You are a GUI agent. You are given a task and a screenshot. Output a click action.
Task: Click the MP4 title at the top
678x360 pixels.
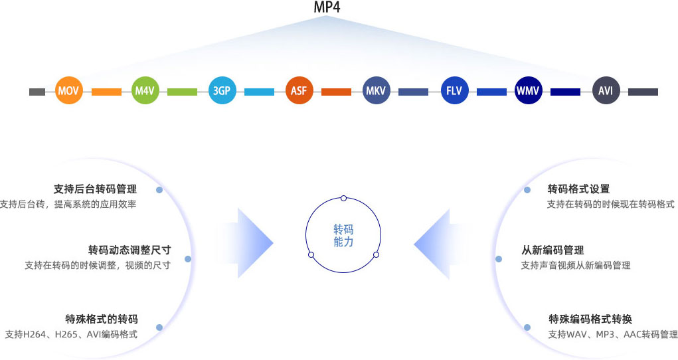click(x=327, y=8)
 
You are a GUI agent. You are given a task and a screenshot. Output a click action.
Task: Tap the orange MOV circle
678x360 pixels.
click(x=68, y=91)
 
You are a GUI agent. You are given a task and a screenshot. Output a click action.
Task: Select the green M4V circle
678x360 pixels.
click(x=145, y=91)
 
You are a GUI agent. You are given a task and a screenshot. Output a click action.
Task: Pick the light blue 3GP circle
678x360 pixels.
click(x=221, y=91)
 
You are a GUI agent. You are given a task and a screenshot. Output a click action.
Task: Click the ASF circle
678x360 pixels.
click(x=298, y=91)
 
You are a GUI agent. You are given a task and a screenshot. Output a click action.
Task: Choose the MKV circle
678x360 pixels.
click(x=376, y=91)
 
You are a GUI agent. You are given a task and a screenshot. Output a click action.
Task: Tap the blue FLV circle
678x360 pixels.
click(x=454, y=91)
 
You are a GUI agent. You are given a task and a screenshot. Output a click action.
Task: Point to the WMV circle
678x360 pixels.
click(x=529, y=91)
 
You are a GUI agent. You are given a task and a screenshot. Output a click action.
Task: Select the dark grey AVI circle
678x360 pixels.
click(x=606, y=91)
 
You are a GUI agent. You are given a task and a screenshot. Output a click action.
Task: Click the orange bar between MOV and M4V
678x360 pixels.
click(x=106, y=92)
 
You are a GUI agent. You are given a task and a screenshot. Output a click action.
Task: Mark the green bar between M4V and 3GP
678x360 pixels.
click(x=183, y=92)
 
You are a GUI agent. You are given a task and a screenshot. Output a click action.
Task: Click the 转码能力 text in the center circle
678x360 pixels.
click(x=343, y=236)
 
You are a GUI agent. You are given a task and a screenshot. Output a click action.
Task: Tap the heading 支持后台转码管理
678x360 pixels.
click(x=95, y=189)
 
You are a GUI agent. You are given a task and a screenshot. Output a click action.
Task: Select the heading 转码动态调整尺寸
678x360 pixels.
click(x=129, y=250)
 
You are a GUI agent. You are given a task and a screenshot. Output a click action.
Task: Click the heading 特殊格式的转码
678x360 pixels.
click(x=101, y=319)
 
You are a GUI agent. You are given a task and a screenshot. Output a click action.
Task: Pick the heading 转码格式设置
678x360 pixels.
click(x=578, y=189)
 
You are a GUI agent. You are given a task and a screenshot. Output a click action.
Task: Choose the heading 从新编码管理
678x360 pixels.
click(x=552, y=250)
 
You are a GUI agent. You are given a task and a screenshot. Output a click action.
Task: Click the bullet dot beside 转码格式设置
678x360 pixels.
click(x=527, y=190)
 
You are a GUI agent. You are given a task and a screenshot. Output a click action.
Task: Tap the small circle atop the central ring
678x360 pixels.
click(x=343, y=198)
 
